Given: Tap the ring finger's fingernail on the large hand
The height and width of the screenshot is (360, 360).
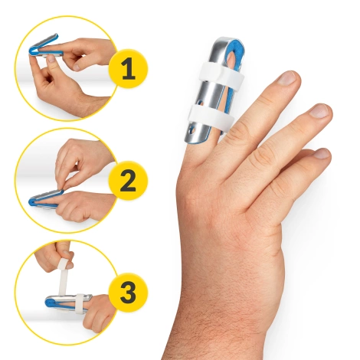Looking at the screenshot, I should (x=320, y=111).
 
